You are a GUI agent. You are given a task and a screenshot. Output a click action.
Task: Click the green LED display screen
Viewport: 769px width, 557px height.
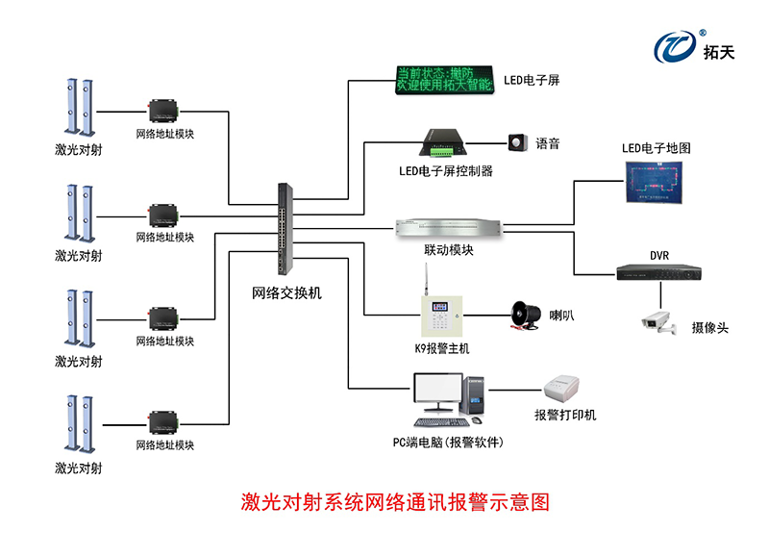coord(445,80)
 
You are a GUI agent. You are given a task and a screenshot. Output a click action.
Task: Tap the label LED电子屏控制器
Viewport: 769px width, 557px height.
coord(446,171)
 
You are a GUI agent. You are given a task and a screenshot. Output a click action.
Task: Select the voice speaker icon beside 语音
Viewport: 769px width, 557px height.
coord(519,143)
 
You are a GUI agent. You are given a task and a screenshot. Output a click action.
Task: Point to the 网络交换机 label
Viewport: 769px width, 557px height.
coord(286,292)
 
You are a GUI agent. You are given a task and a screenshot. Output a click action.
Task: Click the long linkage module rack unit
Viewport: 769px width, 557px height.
coord(449,228)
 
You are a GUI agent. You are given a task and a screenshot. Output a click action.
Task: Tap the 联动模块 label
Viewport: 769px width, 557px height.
coord(449,250)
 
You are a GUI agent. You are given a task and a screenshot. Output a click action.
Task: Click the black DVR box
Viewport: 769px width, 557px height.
coord(658,271)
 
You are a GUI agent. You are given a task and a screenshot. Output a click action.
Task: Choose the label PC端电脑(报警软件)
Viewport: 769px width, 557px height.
coord(448,442)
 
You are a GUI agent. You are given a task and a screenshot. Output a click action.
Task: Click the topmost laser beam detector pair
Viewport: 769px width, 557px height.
coord(78,107)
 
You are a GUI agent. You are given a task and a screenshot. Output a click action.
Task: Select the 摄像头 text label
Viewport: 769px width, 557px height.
coord(709,328)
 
